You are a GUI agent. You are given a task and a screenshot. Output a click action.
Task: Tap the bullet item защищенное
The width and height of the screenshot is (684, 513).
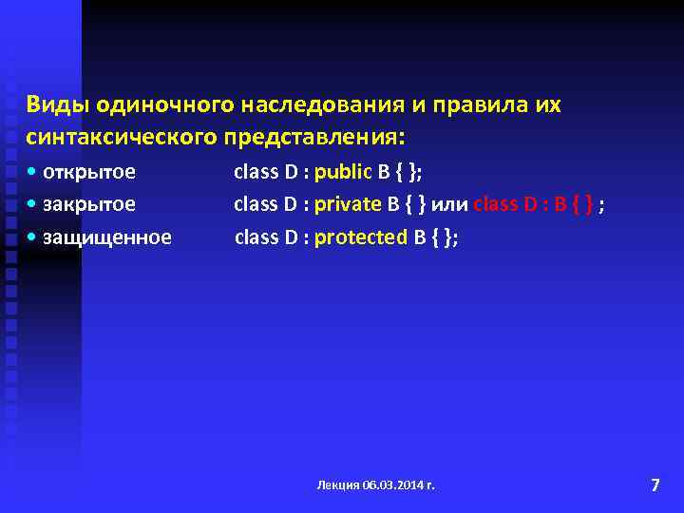click(x=106, y=237)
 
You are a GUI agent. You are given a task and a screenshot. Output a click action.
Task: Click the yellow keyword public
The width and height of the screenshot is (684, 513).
click(x=345, y=173)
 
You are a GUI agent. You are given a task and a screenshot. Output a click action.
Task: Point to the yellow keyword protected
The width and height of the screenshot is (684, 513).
click(x=360, y=237)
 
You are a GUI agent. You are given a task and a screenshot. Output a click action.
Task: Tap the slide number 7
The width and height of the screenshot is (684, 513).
click(x=655, y=485)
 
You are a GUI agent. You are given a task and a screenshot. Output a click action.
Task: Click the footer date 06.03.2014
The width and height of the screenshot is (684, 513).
click(x=393, y=485)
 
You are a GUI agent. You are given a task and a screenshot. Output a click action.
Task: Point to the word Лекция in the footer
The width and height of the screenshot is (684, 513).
click(x=339, y=485)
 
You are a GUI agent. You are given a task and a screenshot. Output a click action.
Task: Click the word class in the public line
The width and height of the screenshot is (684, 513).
click(x=256, y=173)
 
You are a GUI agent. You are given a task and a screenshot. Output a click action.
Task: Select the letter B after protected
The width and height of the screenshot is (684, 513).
click(x=419, y=237)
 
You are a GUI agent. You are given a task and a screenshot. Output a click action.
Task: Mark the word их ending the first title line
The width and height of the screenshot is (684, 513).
click(x=548, y=104)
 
